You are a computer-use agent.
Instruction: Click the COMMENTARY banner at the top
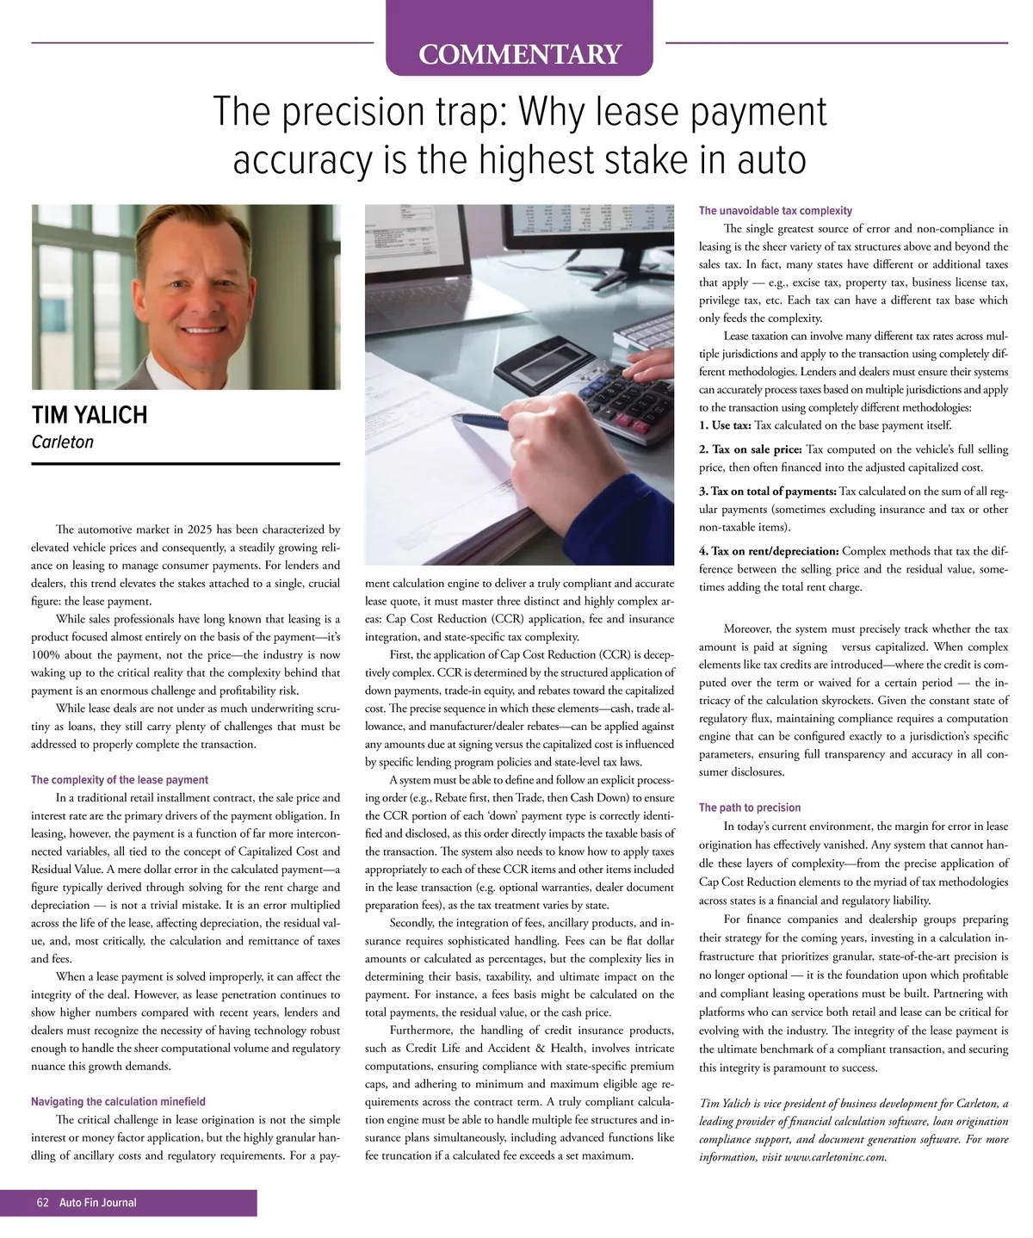coord(519,54)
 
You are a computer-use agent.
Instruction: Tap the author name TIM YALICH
coord(90,415)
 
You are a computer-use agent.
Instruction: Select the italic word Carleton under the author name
coord(62,443)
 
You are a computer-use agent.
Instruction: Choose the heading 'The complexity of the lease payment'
coord(120,780)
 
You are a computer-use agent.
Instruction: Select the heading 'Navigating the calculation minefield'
coord(118,1102)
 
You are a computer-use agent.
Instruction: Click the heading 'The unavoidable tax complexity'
coord(776,211)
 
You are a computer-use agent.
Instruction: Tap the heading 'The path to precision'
coord(750,808)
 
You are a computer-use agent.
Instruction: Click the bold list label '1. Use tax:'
coord(725,425)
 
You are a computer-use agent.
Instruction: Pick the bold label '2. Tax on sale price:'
coord(751,449)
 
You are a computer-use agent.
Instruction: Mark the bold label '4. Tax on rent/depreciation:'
coord(769,551)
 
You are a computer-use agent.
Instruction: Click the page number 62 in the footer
coord(42,1203)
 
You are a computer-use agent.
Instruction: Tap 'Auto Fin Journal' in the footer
coord(97,1203)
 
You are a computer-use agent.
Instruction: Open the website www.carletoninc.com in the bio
coord(834,1157)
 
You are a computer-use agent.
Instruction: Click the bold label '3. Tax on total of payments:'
coord(768,492)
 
